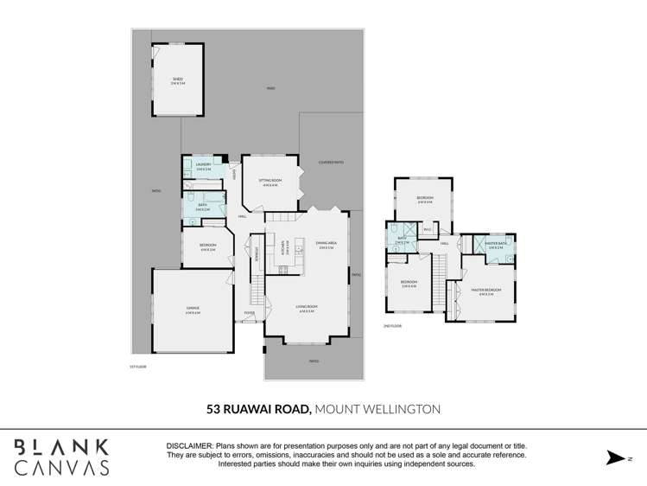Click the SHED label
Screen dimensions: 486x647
coord(178,80)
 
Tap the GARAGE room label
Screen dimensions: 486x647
coord(193,309)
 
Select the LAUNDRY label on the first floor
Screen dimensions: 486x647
coord(204,165)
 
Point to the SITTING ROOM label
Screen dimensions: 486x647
coord(269,182)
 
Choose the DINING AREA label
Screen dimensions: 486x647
coord(326,244)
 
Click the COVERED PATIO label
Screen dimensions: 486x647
coord(331,162)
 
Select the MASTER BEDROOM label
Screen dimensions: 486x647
coord(487,291)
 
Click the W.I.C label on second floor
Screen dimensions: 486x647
coord(427,229)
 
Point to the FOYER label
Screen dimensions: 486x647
coord(249,312)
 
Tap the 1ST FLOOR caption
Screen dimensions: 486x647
coord(138,367)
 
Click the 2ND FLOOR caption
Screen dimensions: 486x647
coord(392,326)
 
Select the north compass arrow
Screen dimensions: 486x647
coord(614,457)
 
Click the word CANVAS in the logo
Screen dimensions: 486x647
coord(61,467)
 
